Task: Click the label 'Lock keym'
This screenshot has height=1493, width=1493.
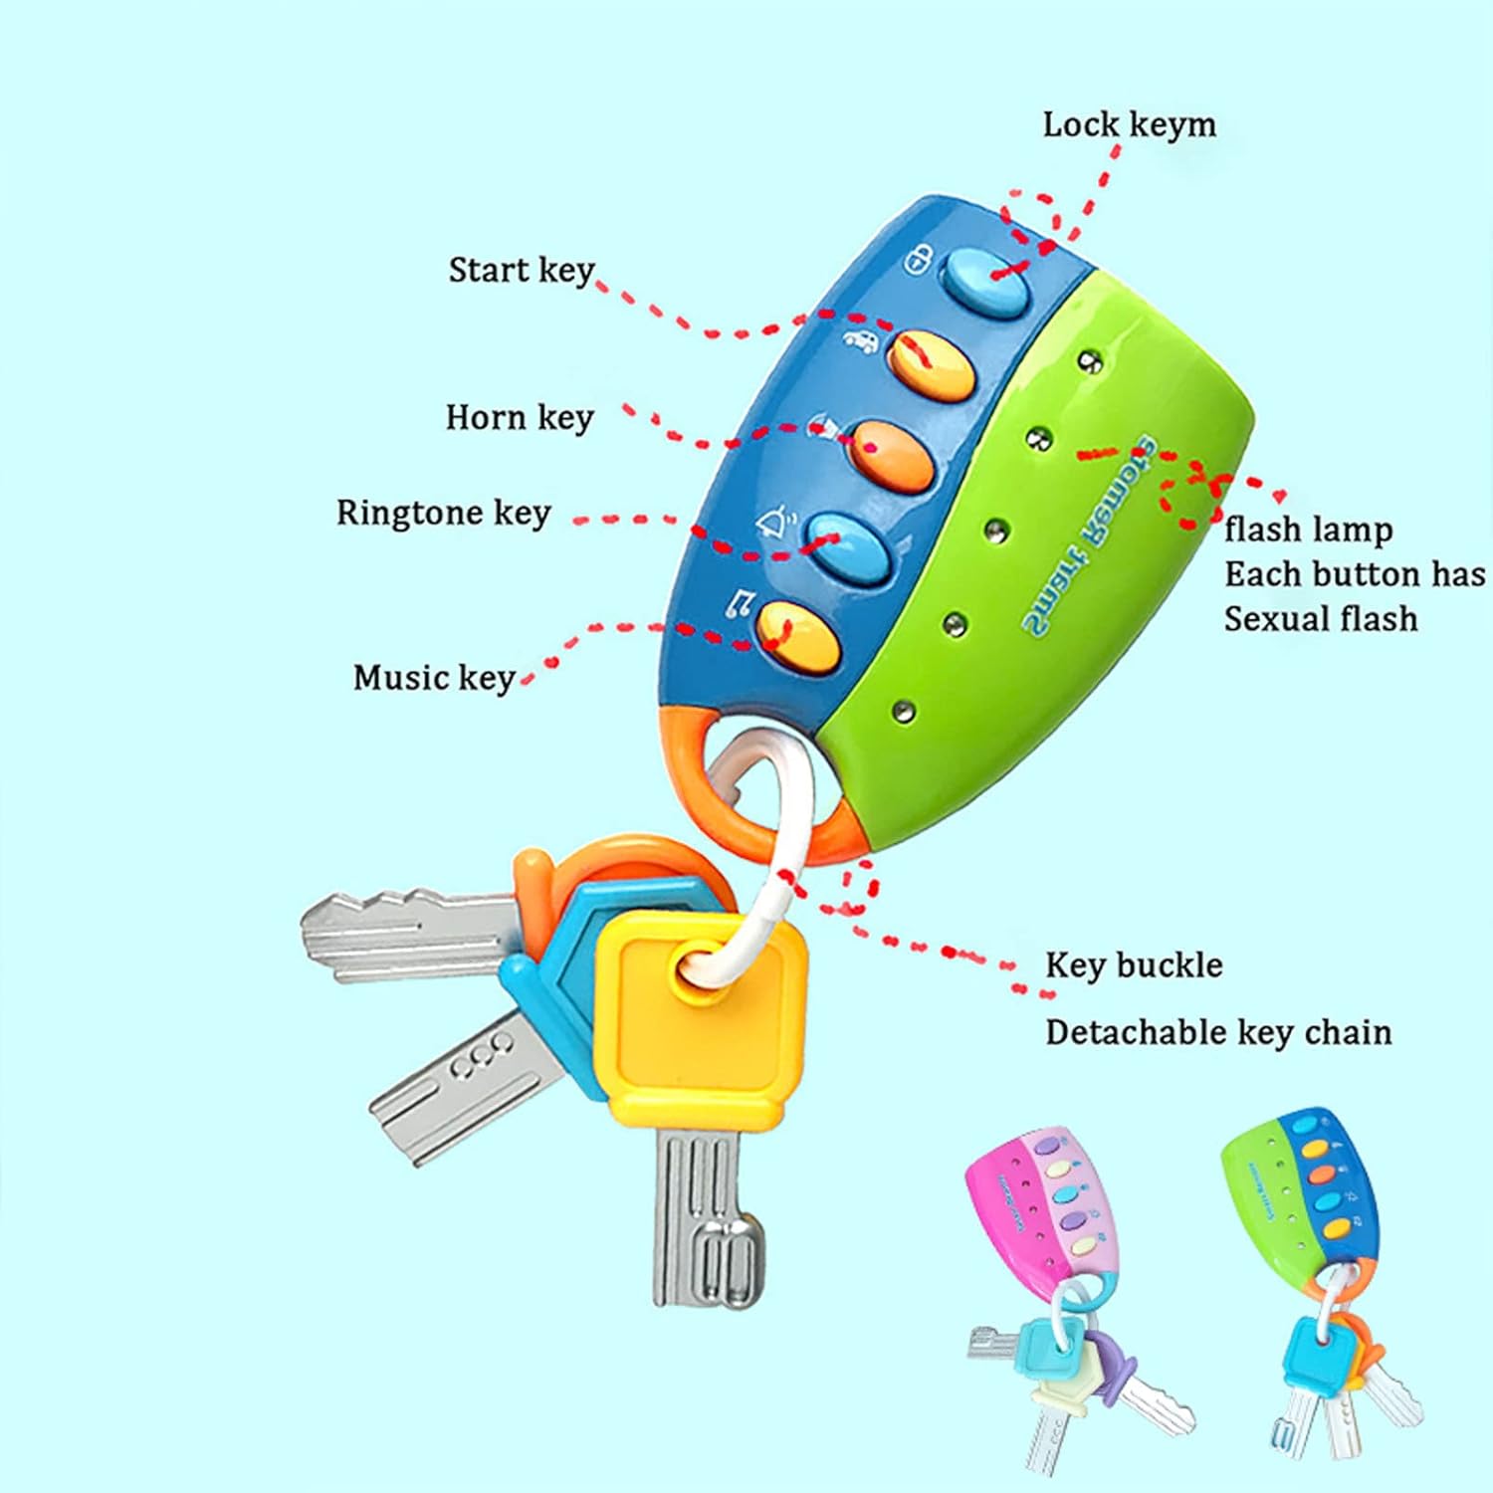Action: point(1129,126)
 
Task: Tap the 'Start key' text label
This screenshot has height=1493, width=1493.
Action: point(521,271)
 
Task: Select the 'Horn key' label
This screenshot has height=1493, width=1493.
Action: point(519,418)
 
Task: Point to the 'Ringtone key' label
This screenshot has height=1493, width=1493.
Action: point(443,514)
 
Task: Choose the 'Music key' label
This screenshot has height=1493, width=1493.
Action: point(433,679)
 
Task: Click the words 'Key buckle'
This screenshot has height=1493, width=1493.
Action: point(1133,965)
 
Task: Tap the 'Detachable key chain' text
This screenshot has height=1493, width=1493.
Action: point(1217,1033)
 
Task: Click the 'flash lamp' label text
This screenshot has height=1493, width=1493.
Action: point(1307,530)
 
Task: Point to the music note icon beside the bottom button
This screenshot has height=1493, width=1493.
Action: point(741,603)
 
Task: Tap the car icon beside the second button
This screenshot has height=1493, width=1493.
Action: point(861,340)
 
